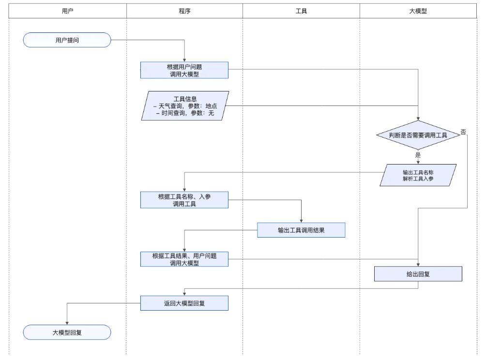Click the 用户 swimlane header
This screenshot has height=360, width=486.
point(67,11)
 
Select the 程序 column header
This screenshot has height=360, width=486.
point(184,11)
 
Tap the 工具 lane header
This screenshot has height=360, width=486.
point(301,11)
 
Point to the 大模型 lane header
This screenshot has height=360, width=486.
point(418,11)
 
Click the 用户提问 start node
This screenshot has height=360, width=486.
point(67,40)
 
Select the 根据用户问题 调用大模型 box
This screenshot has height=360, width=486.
point(184,70)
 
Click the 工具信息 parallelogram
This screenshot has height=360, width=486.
point(185,106)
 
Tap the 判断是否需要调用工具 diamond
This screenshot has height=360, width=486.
point(418,135)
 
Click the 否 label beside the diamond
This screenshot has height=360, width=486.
point(463,132)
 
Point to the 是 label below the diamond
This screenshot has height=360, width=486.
point(418,155)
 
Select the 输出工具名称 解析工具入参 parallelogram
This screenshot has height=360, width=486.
point(418,175)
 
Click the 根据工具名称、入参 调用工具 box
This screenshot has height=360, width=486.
point(184,200)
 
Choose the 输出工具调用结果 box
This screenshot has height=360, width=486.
point(301,230)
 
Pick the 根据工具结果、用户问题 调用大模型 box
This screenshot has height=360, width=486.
point(184,259)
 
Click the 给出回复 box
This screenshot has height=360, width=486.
point(418,274)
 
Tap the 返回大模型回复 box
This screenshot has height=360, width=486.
point(184,303)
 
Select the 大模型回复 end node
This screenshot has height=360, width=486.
point(67,332)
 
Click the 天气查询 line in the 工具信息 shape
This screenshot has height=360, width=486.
point(185,106)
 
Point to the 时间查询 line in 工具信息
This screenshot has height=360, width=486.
point(185,113)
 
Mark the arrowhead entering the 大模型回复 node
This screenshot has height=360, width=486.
point(67,323)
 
